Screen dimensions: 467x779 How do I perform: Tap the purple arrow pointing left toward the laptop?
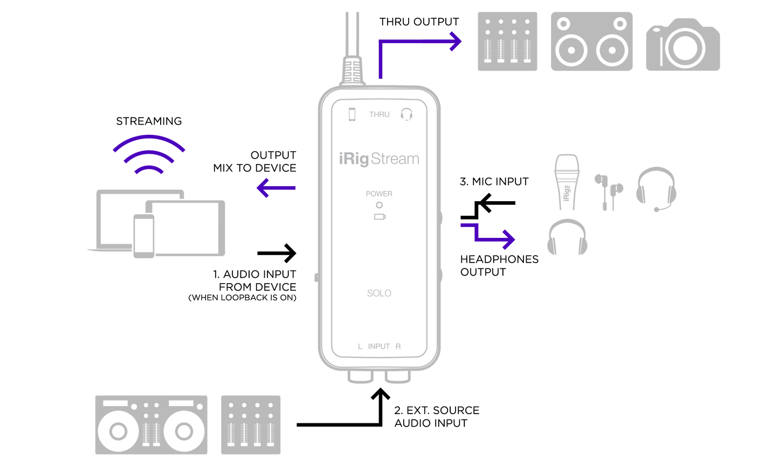coord(275,188)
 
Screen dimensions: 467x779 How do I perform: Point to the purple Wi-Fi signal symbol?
coord(149,154)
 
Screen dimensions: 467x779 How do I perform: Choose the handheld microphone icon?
coord(567,181)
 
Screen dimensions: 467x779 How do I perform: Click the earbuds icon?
coord(609,191)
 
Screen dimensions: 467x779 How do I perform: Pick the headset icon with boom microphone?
coord(656,188)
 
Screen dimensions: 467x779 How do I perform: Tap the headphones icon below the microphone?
coord(567,237)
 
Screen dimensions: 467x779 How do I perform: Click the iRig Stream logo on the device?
coord(379,159)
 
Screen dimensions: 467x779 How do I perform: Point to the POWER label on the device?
coord(379,194)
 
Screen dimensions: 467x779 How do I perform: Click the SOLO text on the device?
coord(379,293)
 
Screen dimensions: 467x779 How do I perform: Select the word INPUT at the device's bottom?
coord(379,347)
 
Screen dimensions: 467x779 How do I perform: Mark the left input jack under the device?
coord(361,377)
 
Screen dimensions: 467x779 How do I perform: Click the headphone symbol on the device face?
coord(406,114)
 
